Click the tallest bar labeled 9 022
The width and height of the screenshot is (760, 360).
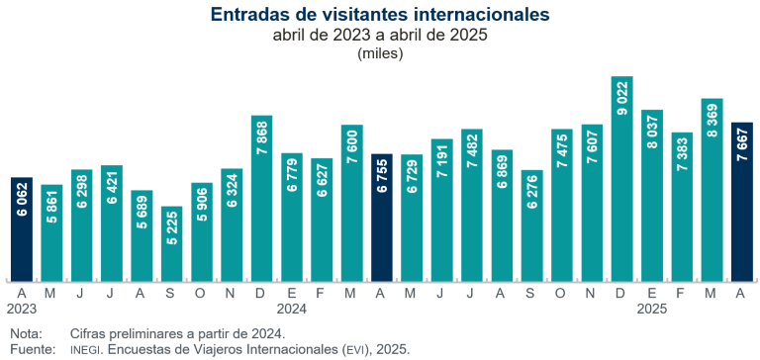621,178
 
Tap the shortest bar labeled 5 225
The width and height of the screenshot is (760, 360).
171,243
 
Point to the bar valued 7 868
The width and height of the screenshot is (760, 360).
261,198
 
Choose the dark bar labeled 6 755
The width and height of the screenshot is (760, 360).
382,218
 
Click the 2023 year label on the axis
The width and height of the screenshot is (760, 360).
22,308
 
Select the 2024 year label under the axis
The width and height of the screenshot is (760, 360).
292,308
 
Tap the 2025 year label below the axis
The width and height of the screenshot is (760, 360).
652,308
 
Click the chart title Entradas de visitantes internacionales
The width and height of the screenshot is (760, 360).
380,15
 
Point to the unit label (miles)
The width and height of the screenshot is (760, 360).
380,53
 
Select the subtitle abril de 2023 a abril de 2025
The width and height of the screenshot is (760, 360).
380,36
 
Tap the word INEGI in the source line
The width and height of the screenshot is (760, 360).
86,349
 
